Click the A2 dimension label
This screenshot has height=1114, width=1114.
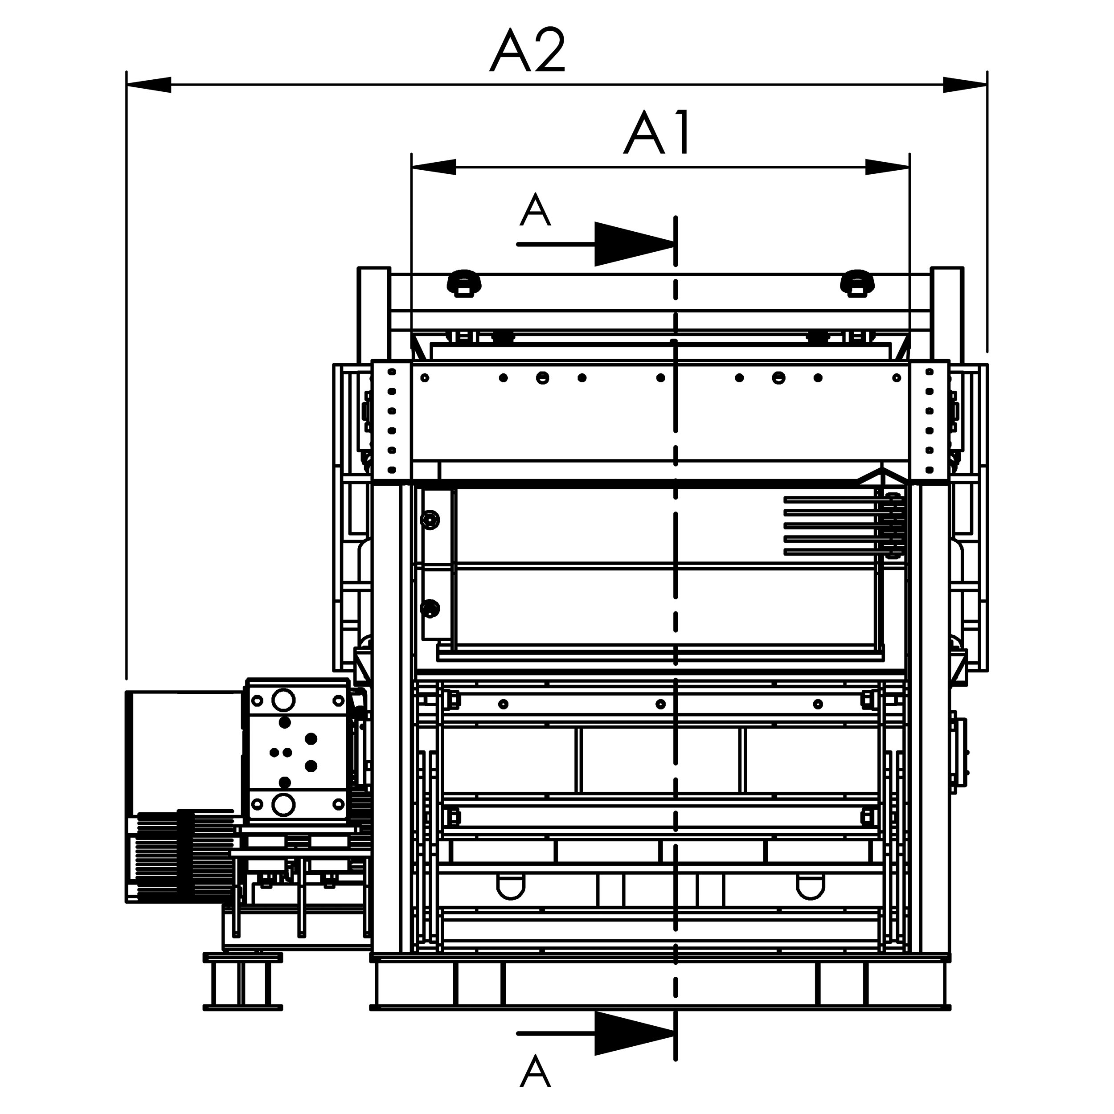coord(528,50)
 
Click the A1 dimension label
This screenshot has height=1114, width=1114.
coord(657,133)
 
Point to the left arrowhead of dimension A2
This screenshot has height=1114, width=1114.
coord(149,85)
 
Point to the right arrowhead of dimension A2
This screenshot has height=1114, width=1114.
coord(965,85)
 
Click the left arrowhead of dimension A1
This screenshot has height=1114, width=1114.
coord(434,167)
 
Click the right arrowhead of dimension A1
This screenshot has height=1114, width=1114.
coord(887,167)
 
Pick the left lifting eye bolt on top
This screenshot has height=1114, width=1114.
coord(464,283)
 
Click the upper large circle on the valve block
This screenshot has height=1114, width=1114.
coord(283,700)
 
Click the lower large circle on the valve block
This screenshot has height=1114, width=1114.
coord(283,804)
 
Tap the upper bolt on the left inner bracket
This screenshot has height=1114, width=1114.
coord(430,520)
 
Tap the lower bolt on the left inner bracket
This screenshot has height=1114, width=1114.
coord(430,608)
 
